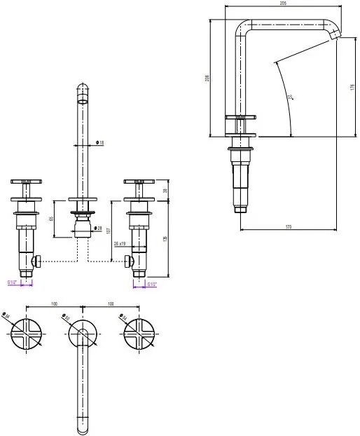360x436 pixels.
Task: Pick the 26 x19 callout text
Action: (x=119, y=244)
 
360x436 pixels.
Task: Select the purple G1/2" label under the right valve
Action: (x=152, y=285)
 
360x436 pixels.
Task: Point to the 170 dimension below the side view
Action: (x=288, y=227)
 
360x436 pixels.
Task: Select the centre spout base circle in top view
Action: (x=83, y=332)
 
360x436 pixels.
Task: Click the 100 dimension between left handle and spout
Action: (x=55, y=304)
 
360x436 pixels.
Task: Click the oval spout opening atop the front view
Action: (x=83, y=101)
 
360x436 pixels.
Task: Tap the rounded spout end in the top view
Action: (x=83, y=426)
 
